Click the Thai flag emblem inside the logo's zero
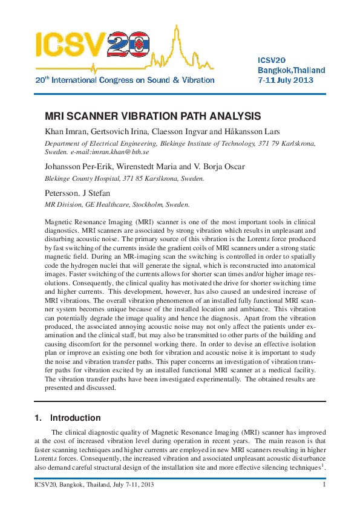tap(139, 44)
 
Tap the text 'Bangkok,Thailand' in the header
tap(291, 70)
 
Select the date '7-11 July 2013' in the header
tap(286, 80)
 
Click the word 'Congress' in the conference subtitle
tap(129, 80)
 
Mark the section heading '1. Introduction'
tap(67, 418)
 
